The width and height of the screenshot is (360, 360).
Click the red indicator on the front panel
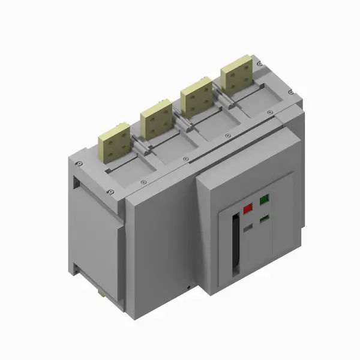(248, 208)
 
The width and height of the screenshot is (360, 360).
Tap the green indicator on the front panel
(263, 200)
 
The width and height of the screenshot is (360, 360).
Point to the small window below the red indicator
(248, 228)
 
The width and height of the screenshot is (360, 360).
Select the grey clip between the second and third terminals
(182, 122)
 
